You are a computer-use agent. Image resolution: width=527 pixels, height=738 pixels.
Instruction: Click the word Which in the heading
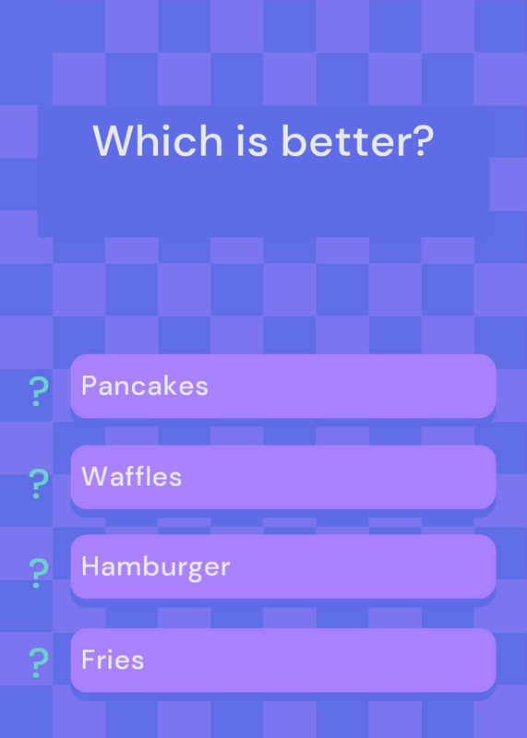pyautogui.click(x=158, y=140)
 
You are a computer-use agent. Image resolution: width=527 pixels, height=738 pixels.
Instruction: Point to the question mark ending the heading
pyautogui.click(x=419, y=140)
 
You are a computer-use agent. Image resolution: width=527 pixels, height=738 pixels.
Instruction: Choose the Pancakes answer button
pyautogui.click(x=283, y=386)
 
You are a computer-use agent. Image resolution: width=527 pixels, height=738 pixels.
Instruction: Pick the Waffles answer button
pyautogui.click(x=283, y=477)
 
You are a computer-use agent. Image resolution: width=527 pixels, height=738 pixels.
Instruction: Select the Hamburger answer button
pyautogui.click(x=283, y=566)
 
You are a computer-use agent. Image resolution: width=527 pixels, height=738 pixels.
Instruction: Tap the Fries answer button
pyautogui.click(x=283, y=660)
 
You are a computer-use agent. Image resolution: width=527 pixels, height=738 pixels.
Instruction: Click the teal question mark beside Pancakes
pyautogui.click(x=39, y=391)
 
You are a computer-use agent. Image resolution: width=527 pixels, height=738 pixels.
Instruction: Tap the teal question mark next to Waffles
pyautogui.click(x=39, y=483)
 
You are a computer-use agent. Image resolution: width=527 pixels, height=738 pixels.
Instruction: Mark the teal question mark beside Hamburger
pyautogui.click(x=39, y=573)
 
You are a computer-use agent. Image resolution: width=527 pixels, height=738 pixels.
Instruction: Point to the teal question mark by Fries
pyautogui.click(x=39, y=662)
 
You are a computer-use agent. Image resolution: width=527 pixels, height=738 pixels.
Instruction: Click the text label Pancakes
pyautogui.click(x=145, y=386)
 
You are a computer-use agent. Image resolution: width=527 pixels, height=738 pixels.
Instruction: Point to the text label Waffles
pyautogui.click(x=131, y=477)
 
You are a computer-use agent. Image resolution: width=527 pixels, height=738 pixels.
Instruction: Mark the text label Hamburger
pyautogui.click(x=156, y=567)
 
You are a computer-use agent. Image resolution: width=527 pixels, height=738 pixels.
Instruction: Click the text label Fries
pyautogui.click(x=113, y=660)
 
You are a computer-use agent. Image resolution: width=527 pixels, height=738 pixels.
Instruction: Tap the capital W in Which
pyautogui.click(x=112, y=140)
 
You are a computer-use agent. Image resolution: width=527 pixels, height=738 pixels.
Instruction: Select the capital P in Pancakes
pyautogui.click(x=89, y=386)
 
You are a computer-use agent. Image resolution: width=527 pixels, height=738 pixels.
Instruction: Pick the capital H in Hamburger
pyautogui.click(x=90, y=565)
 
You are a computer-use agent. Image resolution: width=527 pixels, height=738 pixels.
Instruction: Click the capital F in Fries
pyautogui.click(x=88, y=660)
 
